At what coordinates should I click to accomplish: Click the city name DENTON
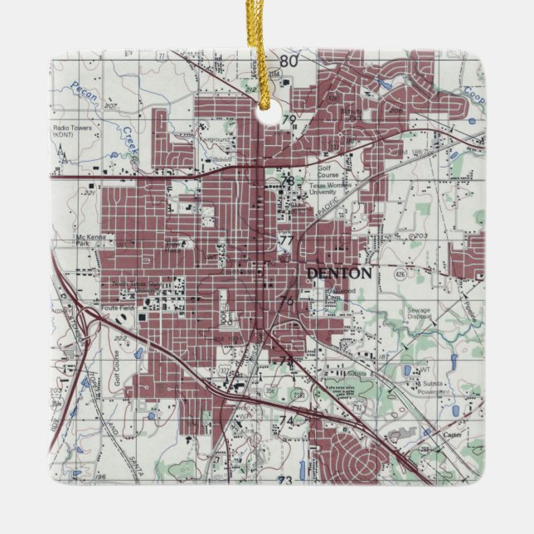point(339,272)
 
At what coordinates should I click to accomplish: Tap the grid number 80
point(289,61)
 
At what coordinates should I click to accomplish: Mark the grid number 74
point(287,421)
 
